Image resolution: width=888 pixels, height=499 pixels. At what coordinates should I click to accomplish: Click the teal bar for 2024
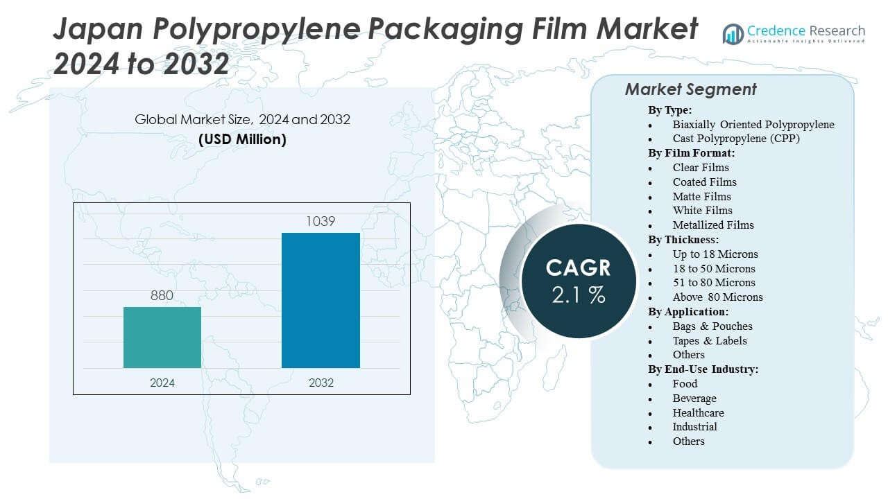[x=162, y=338]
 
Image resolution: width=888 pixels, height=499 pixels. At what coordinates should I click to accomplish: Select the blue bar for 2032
[x=321, y=300]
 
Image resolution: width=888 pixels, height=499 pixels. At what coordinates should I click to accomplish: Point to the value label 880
[x=162, y=296]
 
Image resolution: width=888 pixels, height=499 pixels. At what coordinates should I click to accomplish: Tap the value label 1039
[x=321, y=222]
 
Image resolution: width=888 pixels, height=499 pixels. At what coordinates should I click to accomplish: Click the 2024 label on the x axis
[x=162, y=383]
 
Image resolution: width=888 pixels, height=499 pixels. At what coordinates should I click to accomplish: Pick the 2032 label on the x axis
[x=321, y=383]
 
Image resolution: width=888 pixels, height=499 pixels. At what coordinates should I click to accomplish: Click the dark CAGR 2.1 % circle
[x=578, y=281]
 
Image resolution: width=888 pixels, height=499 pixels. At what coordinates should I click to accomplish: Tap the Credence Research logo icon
[x=733, y=33]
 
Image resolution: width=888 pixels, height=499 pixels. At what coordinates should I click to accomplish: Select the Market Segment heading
[x=690, y=89]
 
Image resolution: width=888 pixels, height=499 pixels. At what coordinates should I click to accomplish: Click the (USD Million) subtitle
[x=242, y=139]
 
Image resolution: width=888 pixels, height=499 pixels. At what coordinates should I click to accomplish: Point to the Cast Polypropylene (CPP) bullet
[x=736, y=139]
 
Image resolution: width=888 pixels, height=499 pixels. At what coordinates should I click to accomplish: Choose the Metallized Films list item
[x=713, y=225]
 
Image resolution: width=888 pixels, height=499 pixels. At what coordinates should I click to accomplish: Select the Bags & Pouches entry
[x=712, y=326]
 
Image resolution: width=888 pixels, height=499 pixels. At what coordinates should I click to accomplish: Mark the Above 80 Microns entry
[x=717, y=297]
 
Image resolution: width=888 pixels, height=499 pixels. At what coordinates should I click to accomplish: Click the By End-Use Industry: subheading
[x=703, y=369]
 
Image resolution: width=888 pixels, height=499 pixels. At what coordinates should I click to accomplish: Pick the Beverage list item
[x=694, y=398]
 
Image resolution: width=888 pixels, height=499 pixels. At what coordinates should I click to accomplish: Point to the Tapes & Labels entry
[x=710, y=340]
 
